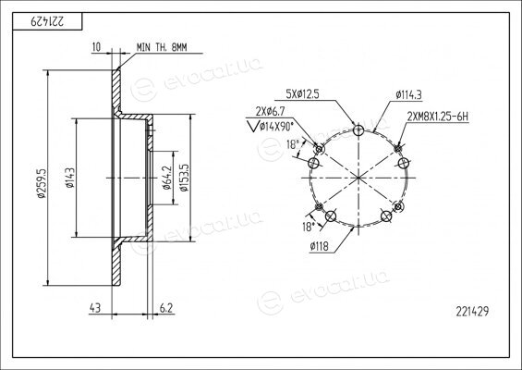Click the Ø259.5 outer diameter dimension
(x=42, y=183)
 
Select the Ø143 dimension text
(x=70, y=178)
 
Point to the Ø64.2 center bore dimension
(x=167, y=178)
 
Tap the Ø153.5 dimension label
(x=184, y=178)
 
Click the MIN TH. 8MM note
(x=162, y=48)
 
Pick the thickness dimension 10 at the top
(x=96, y=47)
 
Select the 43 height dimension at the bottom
(x=95, y=308)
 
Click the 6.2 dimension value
(x=166, y=308)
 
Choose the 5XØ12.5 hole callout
(x=302, y=94)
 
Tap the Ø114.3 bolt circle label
(x=408, y=95)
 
